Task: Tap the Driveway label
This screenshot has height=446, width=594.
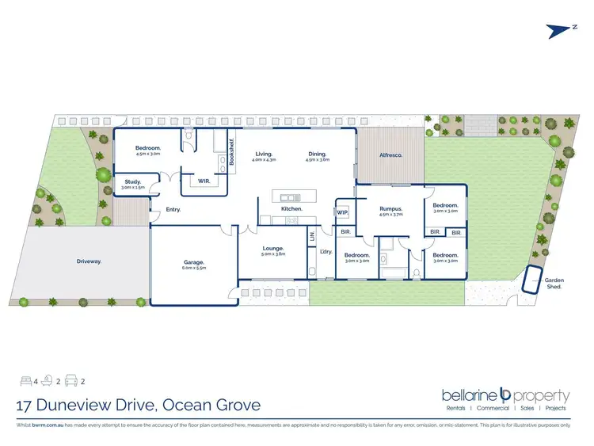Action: tap(89, 260)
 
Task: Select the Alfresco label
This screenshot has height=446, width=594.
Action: tap(391, 155)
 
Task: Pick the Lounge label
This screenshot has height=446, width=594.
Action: tap(273, 248)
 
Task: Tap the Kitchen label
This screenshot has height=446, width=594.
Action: tap(292, 208)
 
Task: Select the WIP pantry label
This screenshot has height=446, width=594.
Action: tap(342, 212)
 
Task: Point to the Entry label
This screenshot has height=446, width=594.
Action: tap(173, 210)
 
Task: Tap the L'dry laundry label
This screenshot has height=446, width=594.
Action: tap(325, 252)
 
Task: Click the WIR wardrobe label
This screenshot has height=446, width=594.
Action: tap(204, 181)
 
